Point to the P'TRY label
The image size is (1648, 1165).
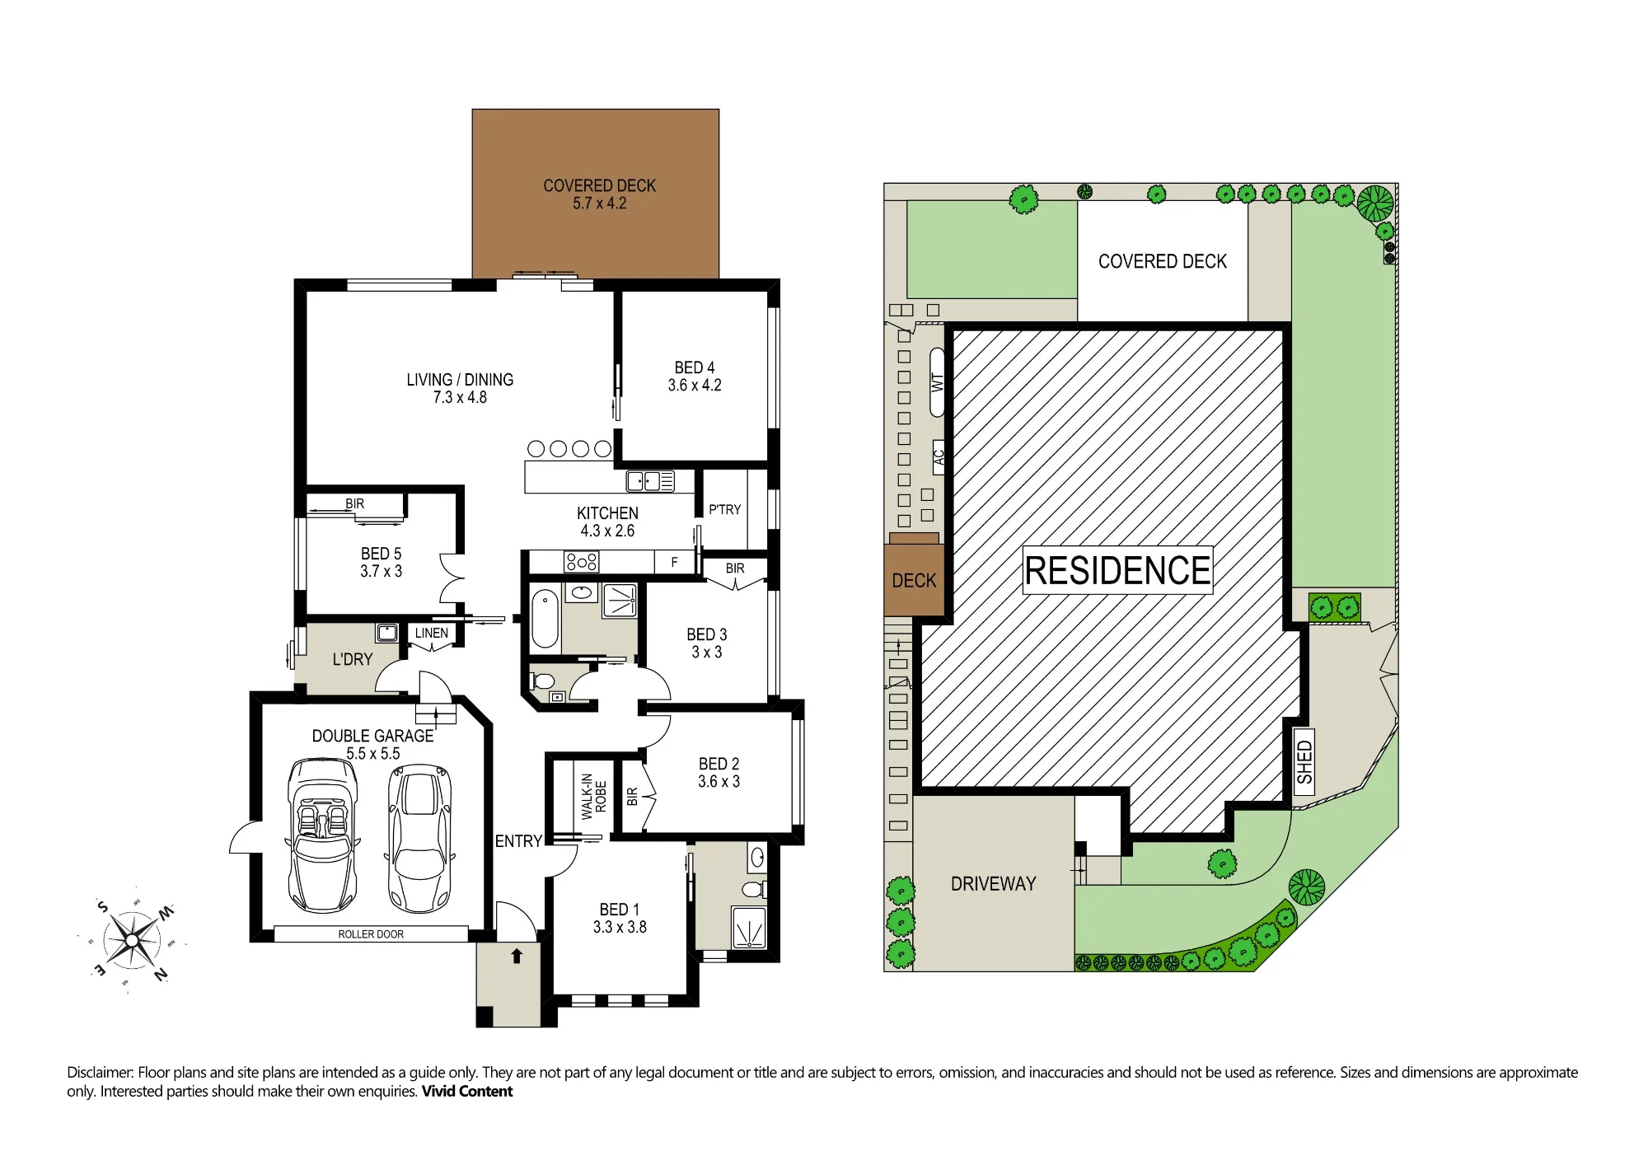pyautogui.click(x=725, y=510)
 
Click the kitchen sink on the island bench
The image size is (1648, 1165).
pyautogui.click(x=650, y=481)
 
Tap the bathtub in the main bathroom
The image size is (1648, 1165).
pyautogui.click(x=545, y=619)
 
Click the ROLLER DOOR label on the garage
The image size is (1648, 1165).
pyautogui.click(x=371, y=934)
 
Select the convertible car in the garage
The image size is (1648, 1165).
pyautogui.click(x=323, y=835)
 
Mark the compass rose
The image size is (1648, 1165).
pyautogui.click(x=132, y=940)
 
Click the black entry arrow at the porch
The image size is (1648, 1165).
pyautogui.click(x=517, y=956)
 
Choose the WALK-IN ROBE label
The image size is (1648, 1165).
pyautogui.click(x=593, y=797)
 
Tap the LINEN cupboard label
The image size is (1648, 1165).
pyautogui.click(x=432, y=633)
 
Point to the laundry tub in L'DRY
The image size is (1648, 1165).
pyautogui.click(x=386, y=633)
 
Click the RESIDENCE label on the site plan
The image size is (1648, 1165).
pyautogui.click(x=1117, y=570)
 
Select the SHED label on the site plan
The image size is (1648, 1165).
pyautogui.click(x=1304, y=762)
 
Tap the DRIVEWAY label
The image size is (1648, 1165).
pyautogui.click(x=993, y=884)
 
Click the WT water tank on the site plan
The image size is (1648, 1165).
pyautogui.click(x=938, y=382)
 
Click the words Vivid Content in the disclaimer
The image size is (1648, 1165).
pyautogui.click(x=467, y=1092)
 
